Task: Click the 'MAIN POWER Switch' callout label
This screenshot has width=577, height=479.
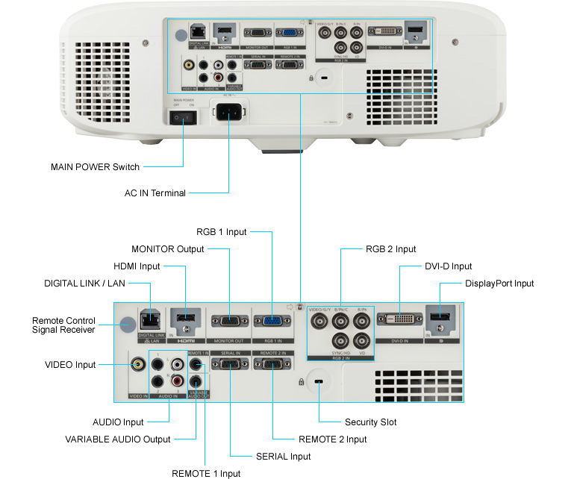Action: pos(94,166)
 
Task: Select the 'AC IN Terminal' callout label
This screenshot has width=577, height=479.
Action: pos(155,193)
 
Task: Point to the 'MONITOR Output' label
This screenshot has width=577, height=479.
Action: pos(168,249)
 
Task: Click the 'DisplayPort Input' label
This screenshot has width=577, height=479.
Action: pos(499,284)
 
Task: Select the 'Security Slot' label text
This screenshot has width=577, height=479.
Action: pos(370,422)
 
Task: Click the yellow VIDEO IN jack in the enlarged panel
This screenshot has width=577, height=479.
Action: pos(138,365)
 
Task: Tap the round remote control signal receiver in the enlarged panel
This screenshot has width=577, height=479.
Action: pos(128,324)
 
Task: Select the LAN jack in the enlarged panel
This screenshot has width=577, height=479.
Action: pos(150,319)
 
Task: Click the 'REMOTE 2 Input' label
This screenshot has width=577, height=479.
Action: pos(332,439)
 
